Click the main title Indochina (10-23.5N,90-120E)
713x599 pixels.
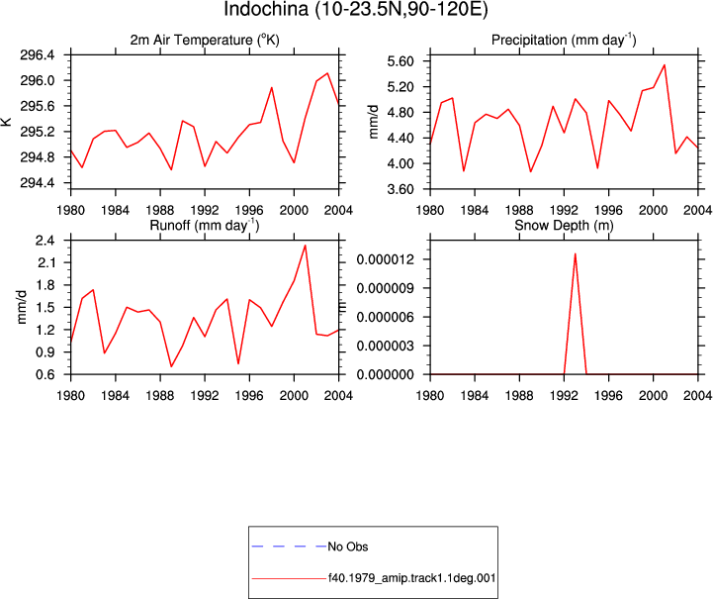tap(356, 9)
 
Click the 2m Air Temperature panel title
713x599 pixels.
tap(205, 40)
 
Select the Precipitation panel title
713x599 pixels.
tap(564, 40)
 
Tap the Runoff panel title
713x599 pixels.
tap(205, 226)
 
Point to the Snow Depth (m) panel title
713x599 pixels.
tap(564, 226)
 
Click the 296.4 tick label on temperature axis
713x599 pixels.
tap(37, 55)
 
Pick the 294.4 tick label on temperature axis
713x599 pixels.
tap(37, 183)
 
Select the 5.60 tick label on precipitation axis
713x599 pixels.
tap(401, 61)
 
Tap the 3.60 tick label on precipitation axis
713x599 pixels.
tap(401, 189)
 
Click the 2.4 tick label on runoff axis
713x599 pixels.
tap(45, 241)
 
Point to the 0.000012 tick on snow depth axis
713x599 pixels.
tap(386, 259)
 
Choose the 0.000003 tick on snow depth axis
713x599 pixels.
tap(386, 346)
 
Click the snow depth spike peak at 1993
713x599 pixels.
tap(576, 254)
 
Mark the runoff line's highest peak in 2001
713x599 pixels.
tap(306, 246)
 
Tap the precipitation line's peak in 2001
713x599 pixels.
tap(665, 65)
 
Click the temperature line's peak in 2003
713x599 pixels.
tap(327, 73)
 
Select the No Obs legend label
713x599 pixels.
tap(348, 547)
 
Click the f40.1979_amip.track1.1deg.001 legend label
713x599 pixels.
tap(411, 578)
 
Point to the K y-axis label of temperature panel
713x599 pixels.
tap(7, 122)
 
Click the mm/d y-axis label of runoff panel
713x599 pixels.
tap(22, 307)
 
